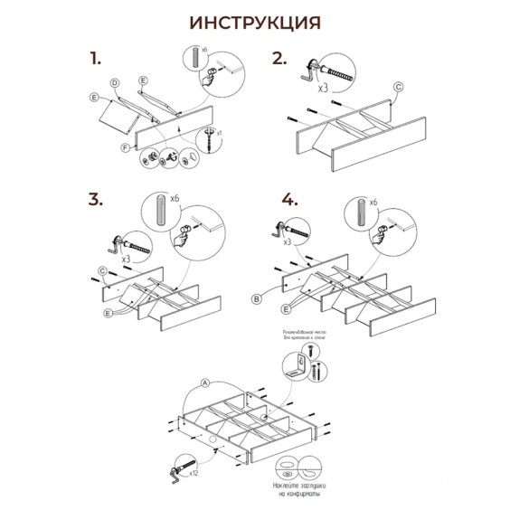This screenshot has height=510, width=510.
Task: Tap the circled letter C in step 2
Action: (x=398, y=88)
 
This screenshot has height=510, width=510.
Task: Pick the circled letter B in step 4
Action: (x=257, y=297)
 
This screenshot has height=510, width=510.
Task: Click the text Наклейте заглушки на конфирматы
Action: (x=296, y=490)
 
